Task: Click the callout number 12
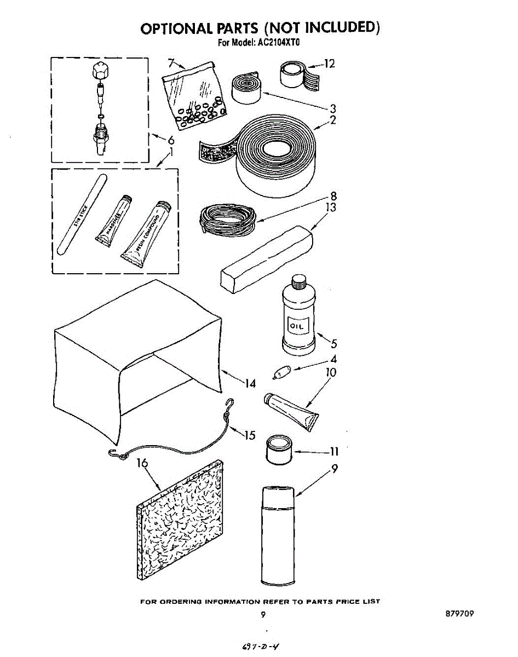(x=329, y=64)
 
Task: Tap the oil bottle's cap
(x=298, y=283)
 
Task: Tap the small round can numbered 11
(x=279, y=450)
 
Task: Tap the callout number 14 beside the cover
(x=250, y=384)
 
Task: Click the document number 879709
(x=459, y=614)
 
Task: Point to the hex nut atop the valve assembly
(x=100, y=70)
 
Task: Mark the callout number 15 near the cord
(x=249, y=436)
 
